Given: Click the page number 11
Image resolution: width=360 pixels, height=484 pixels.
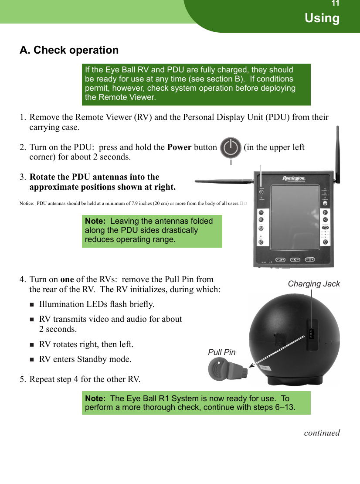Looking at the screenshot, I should click(335, 4).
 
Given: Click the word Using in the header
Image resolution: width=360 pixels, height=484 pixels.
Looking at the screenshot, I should click(322, 18).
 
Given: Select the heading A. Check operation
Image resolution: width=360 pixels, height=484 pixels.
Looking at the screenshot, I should click(69, 50).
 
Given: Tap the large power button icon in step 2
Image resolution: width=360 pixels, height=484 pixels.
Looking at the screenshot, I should click(231, 148).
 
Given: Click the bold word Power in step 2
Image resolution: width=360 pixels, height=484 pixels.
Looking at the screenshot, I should click(179, 147).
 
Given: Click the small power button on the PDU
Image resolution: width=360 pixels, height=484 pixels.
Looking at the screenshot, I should click(261, 191).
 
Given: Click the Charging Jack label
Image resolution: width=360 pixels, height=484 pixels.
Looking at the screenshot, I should click(314, 284).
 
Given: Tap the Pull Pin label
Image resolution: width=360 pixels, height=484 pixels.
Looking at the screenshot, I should click(221, 352).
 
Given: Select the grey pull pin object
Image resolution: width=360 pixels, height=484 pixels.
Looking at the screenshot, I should click(226, 370).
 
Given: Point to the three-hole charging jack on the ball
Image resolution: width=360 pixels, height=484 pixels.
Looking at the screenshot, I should click(311, 334).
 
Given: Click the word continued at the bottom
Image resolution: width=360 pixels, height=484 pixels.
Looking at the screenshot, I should click(322, 433).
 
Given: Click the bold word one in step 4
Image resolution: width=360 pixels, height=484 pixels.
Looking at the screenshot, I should click(67, 279).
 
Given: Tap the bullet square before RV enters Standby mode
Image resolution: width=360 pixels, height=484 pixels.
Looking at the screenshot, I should click(32, 360).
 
